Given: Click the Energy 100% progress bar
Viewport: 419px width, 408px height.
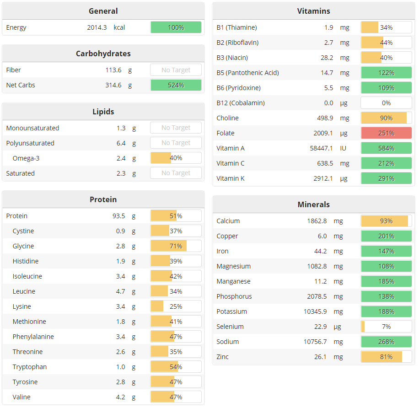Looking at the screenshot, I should click(176, 27).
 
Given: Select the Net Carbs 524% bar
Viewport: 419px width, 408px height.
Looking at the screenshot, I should click(176, 85).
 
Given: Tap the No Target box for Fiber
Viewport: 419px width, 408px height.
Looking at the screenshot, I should click(176, 70).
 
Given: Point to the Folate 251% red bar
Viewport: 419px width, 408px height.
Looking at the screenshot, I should click(386, 133).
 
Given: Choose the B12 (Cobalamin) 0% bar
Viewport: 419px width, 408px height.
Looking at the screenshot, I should click(386, 103).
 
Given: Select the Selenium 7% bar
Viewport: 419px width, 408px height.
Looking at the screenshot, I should click(386, 327).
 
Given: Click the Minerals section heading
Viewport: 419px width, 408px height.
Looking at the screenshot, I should click(313, 204).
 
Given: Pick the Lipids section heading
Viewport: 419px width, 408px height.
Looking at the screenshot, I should click(103, 112).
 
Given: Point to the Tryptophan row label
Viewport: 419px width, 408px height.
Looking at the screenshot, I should click(30, 367).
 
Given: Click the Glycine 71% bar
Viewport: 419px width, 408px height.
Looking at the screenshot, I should click(176, 246).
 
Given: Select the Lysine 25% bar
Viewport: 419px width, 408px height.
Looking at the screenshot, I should click(176, 306).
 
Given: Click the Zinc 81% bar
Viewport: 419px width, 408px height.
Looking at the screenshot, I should click(386, 357).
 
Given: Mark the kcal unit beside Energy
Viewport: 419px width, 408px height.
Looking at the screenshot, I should click(119, 27).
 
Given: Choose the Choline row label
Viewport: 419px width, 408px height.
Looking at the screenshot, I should click(228, 118).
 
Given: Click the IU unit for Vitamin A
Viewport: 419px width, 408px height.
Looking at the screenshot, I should click(343, 148).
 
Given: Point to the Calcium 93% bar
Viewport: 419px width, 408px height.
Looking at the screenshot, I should click(386, 221).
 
